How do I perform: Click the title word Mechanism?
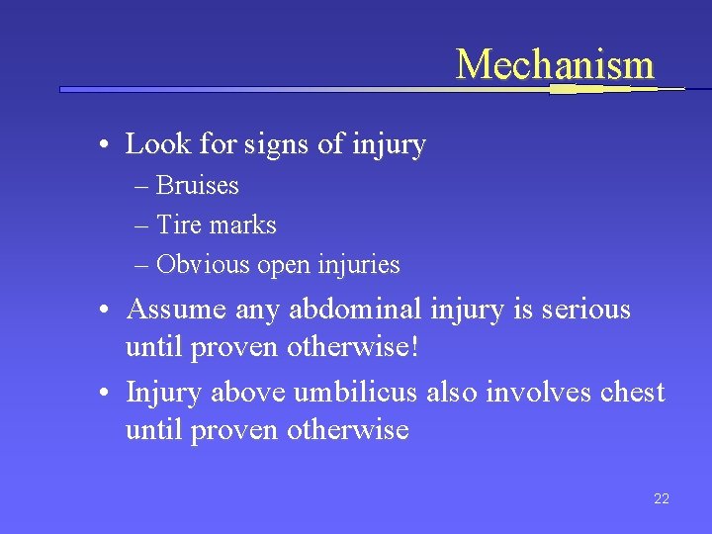pyautogui.click(x=555, y=64)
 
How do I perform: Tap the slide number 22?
pyautogui.click(x=662, y=499)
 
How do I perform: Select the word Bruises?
pyautogui.click(x=198, y=186)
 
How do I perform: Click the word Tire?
pyautogui.click(x=178, y=225)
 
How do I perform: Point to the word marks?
pyautogui.click(x=242, y=225)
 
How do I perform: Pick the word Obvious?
pyautogui.click(x=204, y=265)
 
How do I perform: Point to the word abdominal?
pyautogui.click(x=355, y=310)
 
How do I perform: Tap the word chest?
pyautogui.click(x=631, y=393)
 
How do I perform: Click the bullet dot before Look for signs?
pyautogui.click(x=104, y=146)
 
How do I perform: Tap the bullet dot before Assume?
pyautogui.click(x=104, y=311)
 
